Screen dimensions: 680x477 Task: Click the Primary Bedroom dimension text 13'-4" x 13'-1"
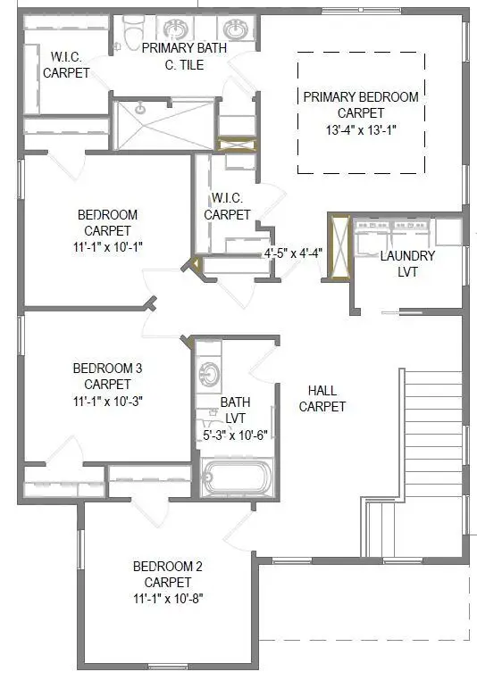361,129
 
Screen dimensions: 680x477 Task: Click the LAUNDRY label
406,256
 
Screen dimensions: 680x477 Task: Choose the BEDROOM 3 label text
107,368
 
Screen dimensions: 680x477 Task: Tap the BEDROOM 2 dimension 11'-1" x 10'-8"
168,598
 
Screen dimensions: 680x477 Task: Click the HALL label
322,391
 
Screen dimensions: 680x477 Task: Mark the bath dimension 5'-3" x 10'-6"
236,435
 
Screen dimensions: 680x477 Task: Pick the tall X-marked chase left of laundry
338,246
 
